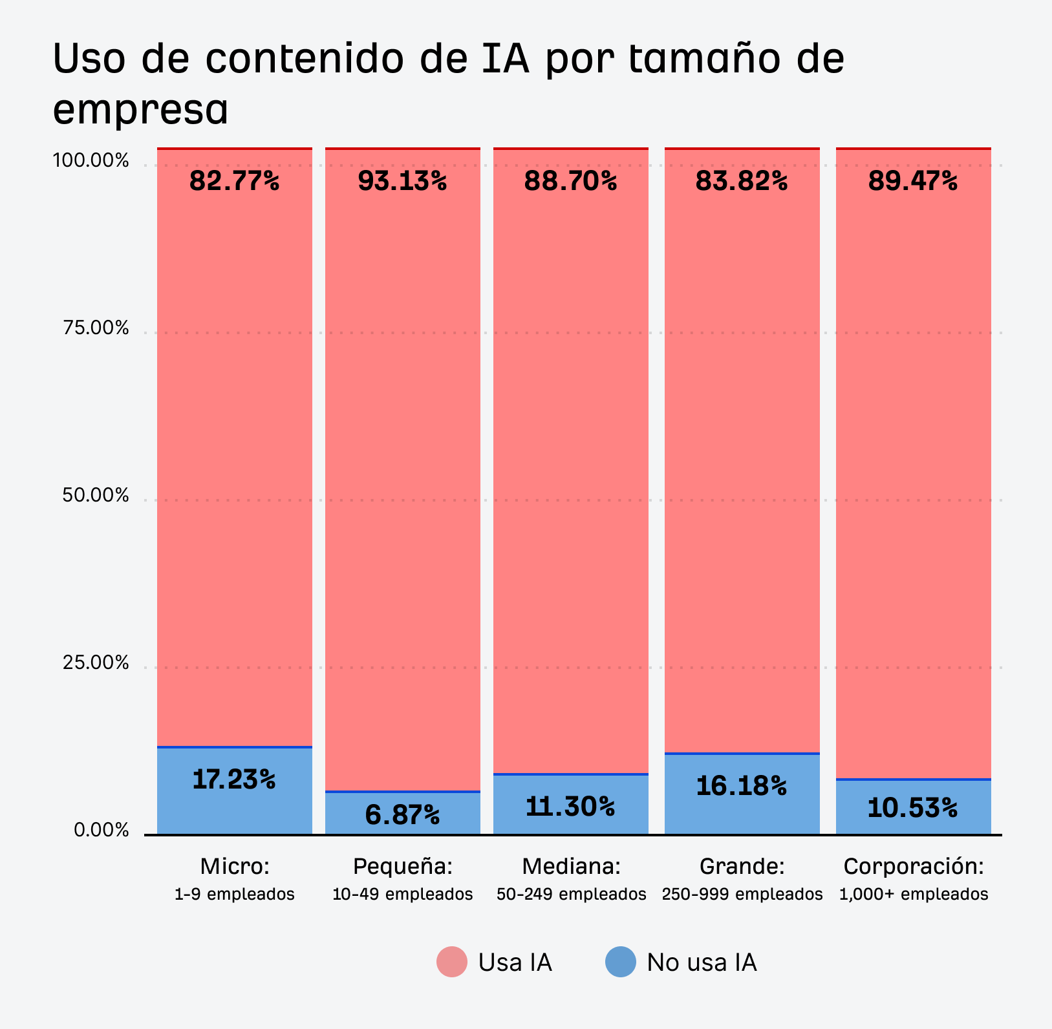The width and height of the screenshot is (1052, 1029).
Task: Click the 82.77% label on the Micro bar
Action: tap(234, 182)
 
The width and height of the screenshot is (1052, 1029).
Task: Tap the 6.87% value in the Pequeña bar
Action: tap(402, 814)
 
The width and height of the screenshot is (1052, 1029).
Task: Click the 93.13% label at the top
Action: tap(402, 182)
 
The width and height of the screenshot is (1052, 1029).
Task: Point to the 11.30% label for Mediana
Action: tap(570, 806)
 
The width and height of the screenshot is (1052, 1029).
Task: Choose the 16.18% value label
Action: tap(742, 786)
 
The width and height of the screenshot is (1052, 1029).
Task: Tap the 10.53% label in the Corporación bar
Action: tap(912, 808)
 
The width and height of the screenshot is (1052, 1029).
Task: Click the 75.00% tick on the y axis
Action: tap(96, 328)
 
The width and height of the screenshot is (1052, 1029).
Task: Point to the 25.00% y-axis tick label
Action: tap(96, 663)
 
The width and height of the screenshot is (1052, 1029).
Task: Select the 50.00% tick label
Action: tap(96, 496)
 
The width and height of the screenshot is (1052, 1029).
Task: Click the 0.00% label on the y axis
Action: tap(102, 831)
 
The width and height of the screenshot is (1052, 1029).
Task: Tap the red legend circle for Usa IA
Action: tap(452, 962)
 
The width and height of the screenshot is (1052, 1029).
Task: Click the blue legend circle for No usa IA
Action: tap(621, 962)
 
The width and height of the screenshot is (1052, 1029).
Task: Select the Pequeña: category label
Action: tap(402, 866)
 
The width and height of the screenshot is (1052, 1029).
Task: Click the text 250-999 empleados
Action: tap(742, 895)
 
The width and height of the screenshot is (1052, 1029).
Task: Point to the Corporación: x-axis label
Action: tap(913, 866)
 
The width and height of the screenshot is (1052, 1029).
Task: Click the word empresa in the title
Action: tap(140, 110)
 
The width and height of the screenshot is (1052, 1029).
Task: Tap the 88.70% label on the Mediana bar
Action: tap(570, 182)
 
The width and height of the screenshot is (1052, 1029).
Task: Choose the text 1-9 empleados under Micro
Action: tap(234, 895)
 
